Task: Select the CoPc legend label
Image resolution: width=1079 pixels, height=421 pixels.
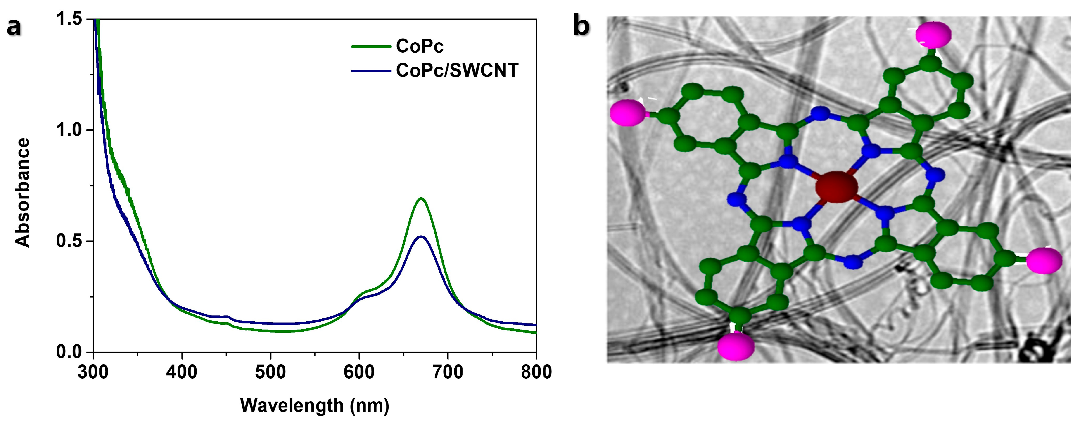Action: click(419, 46)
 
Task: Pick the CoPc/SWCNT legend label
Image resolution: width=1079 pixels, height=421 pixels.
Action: click(457, 70)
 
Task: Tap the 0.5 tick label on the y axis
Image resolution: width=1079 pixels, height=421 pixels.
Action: click(69, 241)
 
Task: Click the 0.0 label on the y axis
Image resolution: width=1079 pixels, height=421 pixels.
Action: click(69, 352)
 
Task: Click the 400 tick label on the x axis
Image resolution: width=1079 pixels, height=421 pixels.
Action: click(181, 372)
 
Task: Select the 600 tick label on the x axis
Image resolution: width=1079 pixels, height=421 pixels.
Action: click(359, 372)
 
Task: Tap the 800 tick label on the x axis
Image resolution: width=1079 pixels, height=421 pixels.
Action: click(536, 372)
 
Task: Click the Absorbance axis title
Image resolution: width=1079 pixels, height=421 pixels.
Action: click(23, 193)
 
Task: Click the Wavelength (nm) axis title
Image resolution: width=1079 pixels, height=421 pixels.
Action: click(315, 405)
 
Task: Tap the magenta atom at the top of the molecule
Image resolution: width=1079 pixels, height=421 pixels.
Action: click(933, 34)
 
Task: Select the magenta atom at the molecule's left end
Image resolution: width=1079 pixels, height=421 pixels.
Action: click(628, 112)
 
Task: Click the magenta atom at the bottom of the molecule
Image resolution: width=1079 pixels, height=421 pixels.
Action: click(736, 346)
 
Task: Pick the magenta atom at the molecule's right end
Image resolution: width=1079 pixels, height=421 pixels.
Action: click(1044, 260)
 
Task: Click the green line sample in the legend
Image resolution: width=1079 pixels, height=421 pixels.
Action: click(371, 46)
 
